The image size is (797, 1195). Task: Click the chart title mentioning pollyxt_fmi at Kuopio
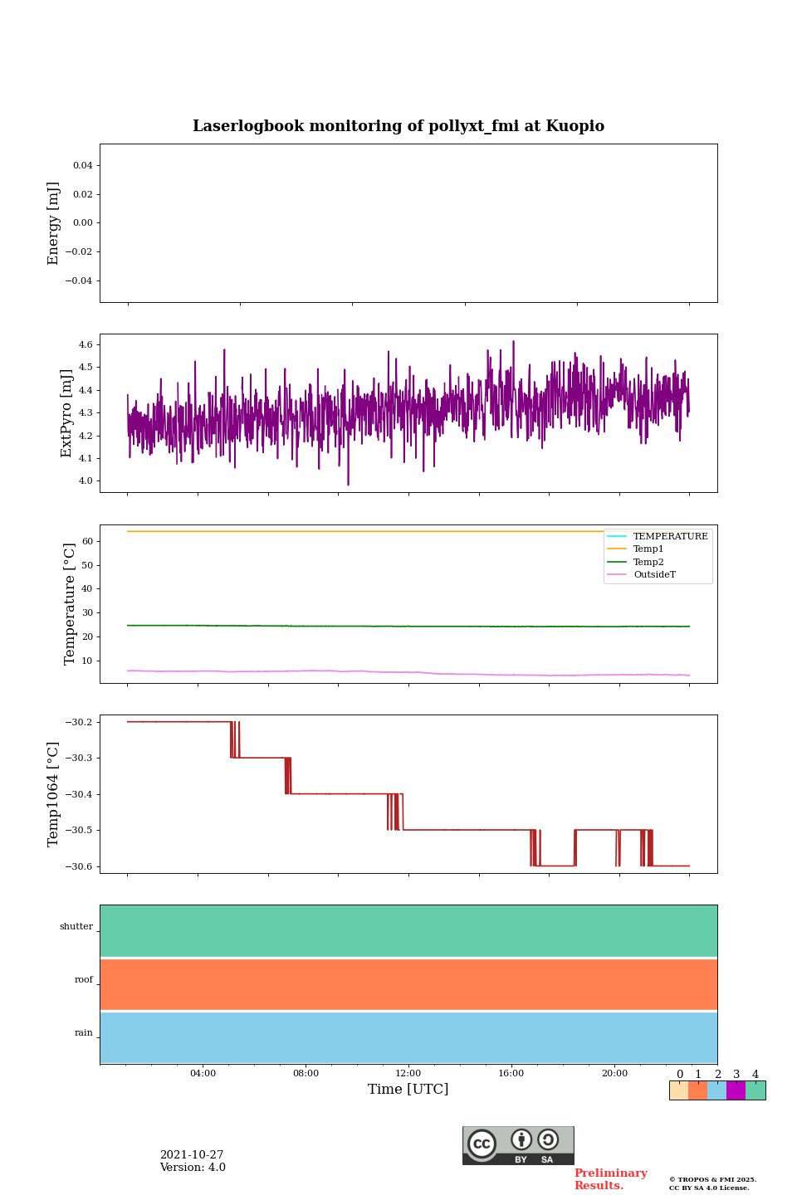(x=398, y=126)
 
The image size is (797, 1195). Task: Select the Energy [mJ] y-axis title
(x=54, y=223)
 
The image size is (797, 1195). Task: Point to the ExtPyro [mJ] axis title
(x=67, y=413)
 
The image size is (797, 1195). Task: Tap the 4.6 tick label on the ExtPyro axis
(x=86, y=344)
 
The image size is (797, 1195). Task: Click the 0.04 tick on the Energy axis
(x=82, y=166)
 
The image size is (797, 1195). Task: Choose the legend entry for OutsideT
(x=654, y=575)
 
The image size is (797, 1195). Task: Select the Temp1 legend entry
(x=648, y=549)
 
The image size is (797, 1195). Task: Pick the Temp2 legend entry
(x=648, y=563)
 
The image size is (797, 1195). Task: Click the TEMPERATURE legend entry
(x=670, y=537)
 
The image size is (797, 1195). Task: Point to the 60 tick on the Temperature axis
(x=86, y=541)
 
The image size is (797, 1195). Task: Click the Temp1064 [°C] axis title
(x=54, y=794)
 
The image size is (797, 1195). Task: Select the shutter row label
(x=76, y=927)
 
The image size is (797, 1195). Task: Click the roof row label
(x=84, y=980)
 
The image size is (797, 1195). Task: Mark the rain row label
(x=84, y=1033)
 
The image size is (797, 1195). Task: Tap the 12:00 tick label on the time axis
(x=408, y=1073)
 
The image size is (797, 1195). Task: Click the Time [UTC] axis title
(x=408, y=1090)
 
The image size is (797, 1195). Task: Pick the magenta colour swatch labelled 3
(x=736, y=1090)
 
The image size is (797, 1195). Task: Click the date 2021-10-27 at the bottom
(x=192, y=1155)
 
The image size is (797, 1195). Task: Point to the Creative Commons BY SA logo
(x=518, y=1145)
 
